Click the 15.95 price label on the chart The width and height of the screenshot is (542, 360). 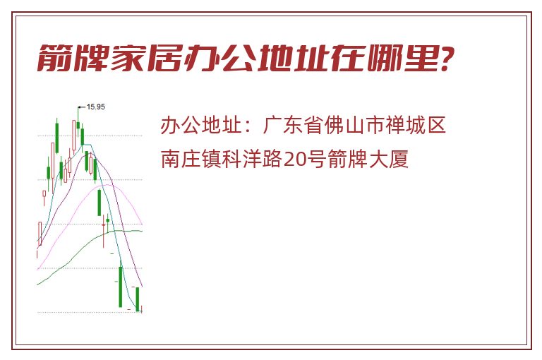coord(96,107)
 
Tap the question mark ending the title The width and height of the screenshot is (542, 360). coord(447,58)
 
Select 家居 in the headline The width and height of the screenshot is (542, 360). coord(146,58)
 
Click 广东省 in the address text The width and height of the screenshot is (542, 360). coord(293,125)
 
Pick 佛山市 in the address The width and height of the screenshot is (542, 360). coord(354,125)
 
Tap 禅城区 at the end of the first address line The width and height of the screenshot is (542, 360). coord(415,125)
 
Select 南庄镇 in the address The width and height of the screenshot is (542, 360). coord(191,159)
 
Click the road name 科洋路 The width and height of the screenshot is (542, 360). coord(252,159)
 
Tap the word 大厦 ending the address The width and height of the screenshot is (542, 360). coord(389,159)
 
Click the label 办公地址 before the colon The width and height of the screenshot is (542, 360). coord(201,125)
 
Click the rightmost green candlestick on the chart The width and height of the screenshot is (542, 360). coord(138,299)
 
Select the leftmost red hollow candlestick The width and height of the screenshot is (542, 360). coord(40,234)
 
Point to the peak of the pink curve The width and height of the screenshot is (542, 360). coord(108,185)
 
